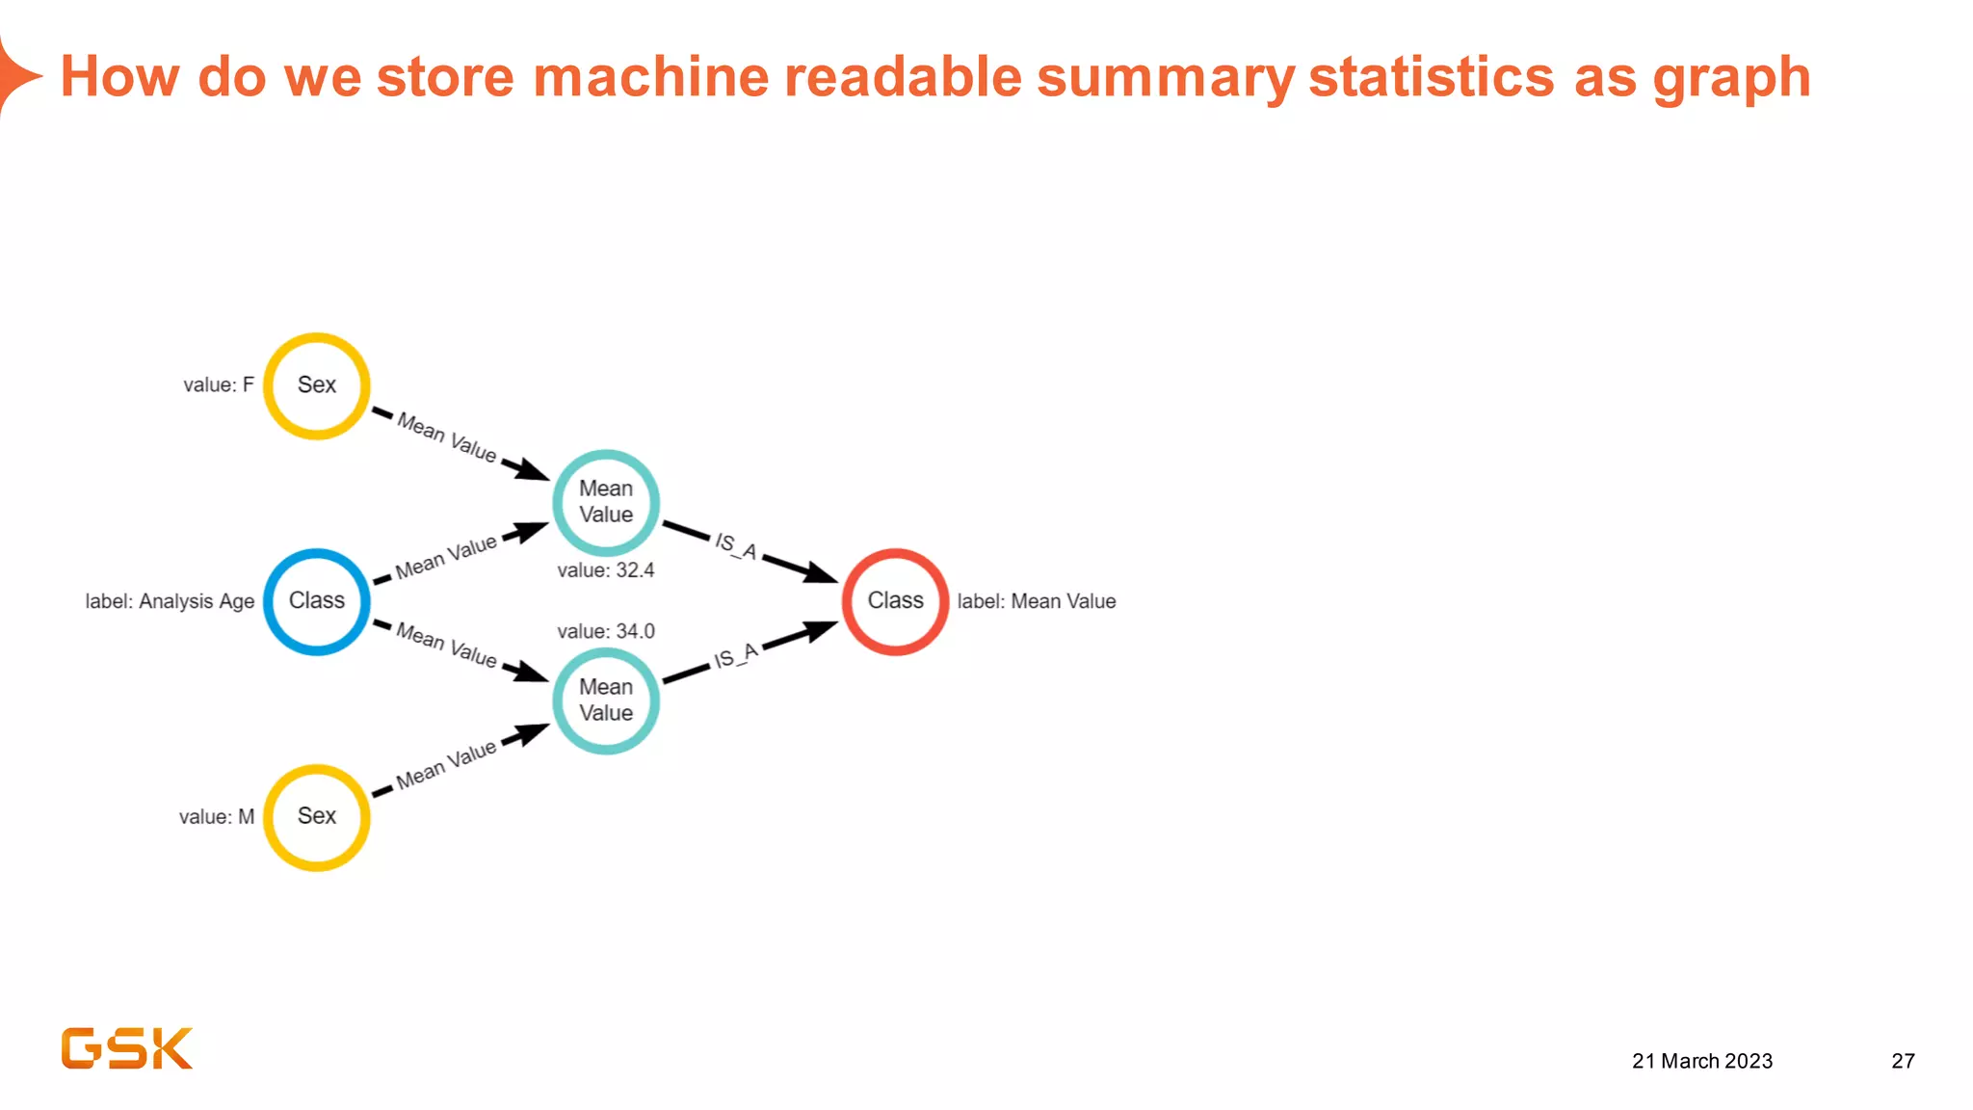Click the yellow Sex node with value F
click(x=317, y=385)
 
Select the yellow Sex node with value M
click(x=317, y=817)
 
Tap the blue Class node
click(x=317, y=601)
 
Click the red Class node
click(x=896, y=601)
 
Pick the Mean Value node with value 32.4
click(x=606, y=502)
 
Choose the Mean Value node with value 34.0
click(x=606, y=700)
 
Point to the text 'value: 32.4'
click(x=606, y=570)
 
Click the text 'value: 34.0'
click(x=606, y=632)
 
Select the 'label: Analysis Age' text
click(x=170, y=602)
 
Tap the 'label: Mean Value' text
click(x=1037, y=602)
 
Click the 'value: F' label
click(x=219, y=385)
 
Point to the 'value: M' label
click(x=217, y=817)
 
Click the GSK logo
click(x=127, y=1048)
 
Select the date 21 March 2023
click(x=1702, y=1061)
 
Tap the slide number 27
click(x=1903, y=1061)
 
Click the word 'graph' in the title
click(x=1731, y=77)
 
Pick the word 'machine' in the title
click(x=650, y=77)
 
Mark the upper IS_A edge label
click(x=736, y=546)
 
